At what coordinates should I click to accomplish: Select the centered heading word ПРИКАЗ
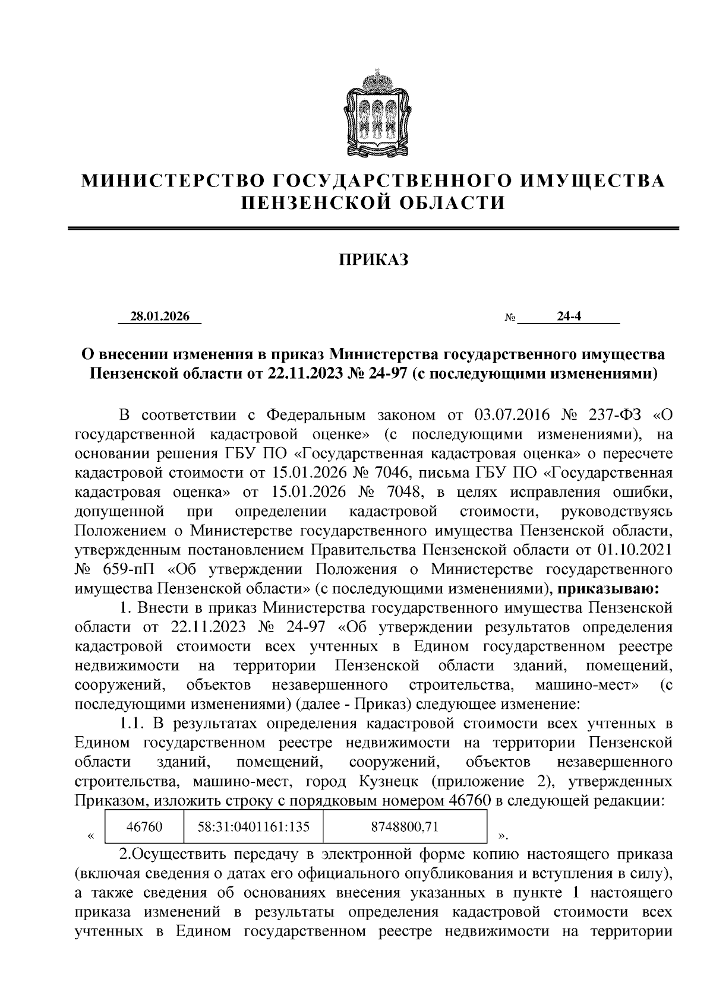pyautogui.click(x=374, y=260)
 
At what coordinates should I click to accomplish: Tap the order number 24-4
pyautogui.click(x=569, y=317)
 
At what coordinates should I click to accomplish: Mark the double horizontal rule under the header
pyautogui.click(x=374, y=229)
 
